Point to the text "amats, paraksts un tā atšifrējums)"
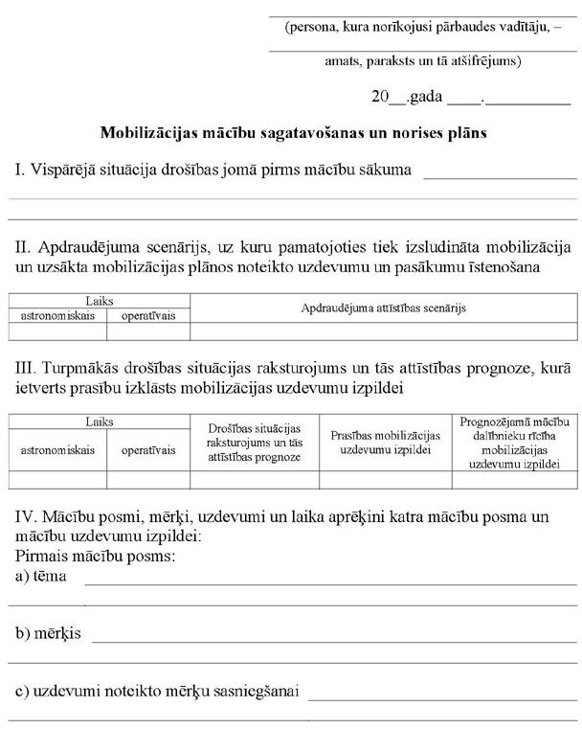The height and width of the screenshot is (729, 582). (x=422, y=61)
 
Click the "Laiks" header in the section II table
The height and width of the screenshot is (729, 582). (x=100, y=300)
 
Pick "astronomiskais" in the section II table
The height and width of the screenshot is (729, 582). (x=57, y=315)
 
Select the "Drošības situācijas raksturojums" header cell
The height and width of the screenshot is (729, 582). (x=255, y=443)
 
